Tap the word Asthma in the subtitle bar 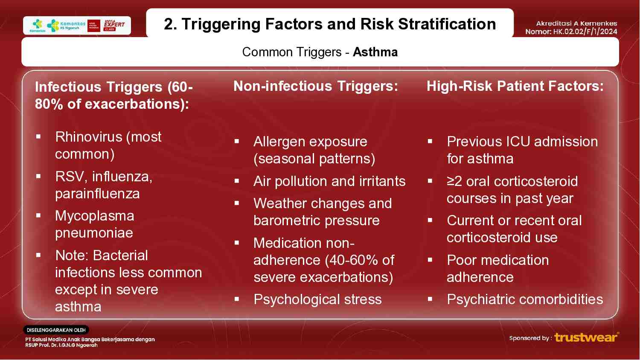coord(375,52)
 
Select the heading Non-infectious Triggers coord(315,86)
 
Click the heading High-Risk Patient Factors coord(515,86)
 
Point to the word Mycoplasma coord(94,216)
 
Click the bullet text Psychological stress coord(317,299)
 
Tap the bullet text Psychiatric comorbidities coord(524,299)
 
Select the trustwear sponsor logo coord(586,337)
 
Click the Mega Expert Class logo coord(114,25)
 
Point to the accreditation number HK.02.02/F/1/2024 coord(585,32)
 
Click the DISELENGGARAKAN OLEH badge coord(56,330)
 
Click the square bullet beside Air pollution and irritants coord(237,181)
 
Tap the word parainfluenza coord(97,194)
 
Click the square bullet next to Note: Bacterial coord(38,255)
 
